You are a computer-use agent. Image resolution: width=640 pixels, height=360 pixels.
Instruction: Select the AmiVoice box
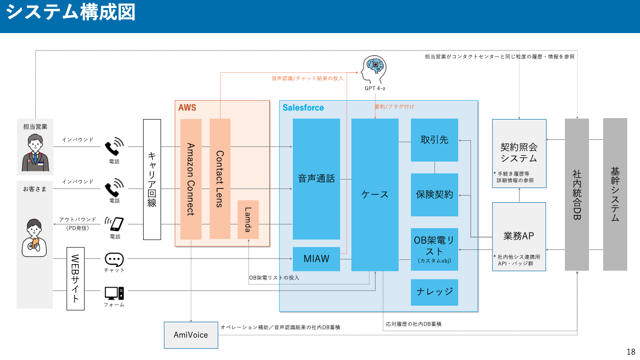[191, 335]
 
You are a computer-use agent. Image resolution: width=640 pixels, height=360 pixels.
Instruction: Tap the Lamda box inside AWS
[248, 220]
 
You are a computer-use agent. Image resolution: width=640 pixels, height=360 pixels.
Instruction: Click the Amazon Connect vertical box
[191, 179]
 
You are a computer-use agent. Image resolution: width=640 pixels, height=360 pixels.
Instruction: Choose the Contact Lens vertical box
[220, 179]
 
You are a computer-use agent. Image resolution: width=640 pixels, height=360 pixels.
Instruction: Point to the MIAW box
[316, 259]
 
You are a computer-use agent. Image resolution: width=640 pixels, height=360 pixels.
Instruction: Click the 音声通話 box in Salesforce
[316, 179]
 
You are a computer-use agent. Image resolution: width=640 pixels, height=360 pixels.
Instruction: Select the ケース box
[375, 195]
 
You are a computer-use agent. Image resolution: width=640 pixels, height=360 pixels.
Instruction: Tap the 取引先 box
[434, 140]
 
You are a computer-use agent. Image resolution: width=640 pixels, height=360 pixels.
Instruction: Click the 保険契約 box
[434, 195]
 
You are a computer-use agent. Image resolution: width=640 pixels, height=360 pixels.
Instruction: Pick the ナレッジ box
[434, 292]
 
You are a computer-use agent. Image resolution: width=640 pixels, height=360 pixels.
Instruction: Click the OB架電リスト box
[434, 249]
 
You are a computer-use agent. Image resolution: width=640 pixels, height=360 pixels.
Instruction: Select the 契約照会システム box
[519, 153]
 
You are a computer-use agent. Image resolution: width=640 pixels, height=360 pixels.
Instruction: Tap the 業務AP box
[519, 236]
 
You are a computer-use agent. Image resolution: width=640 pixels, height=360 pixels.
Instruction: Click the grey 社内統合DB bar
[577, 195]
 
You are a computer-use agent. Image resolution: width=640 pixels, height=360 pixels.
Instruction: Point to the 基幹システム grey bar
[615, 195]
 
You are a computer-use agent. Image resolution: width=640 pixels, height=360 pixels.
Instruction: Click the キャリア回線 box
[152, 179]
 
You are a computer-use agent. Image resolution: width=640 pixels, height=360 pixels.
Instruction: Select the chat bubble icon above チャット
[114, 259]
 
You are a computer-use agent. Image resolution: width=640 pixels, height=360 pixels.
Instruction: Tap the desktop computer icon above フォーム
[114, 293]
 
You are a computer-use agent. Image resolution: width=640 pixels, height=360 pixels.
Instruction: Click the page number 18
[631, 351]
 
